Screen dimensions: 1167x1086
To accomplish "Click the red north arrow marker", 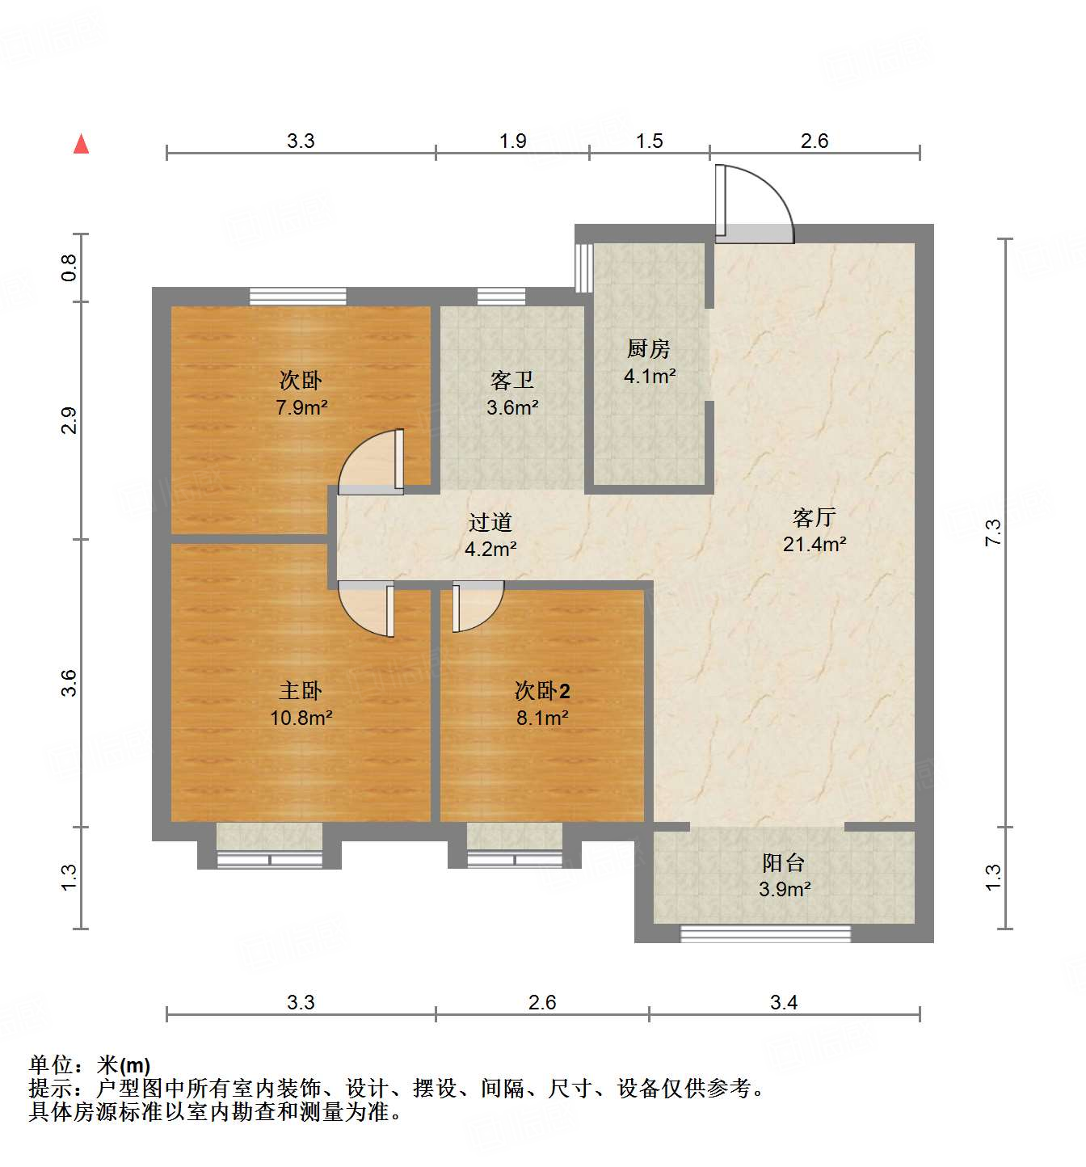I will [x=81, y=145].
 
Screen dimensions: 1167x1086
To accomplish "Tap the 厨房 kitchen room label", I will [x=649, y=349].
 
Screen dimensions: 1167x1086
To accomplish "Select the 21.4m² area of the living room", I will [x=814, y=545].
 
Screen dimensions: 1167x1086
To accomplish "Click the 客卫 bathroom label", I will [x=512, y=381].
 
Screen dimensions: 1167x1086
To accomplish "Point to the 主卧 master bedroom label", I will [x=301, y=691].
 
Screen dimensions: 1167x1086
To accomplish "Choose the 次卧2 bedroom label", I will [x=542, y=691].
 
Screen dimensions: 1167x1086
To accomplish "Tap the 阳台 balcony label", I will [x=784, y=863].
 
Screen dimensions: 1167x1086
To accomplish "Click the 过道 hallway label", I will [x=490, y=523].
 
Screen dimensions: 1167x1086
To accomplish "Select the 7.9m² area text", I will [x=301, y=408].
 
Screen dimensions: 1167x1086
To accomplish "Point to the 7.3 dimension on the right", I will [x=993, y=533].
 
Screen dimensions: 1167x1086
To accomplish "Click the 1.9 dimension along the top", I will [x=512, y=141].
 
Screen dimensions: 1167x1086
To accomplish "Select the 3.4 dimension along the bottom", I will [x=783, y=1003].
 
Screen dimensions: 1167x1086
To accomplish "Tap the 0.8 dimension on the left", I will [x=69, y=268].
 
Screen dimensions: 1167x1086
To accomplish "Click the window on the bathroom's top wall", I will [x=501, y=297].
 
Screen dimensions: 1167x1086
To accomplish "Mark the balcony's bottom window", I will [x=765, y=933].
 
